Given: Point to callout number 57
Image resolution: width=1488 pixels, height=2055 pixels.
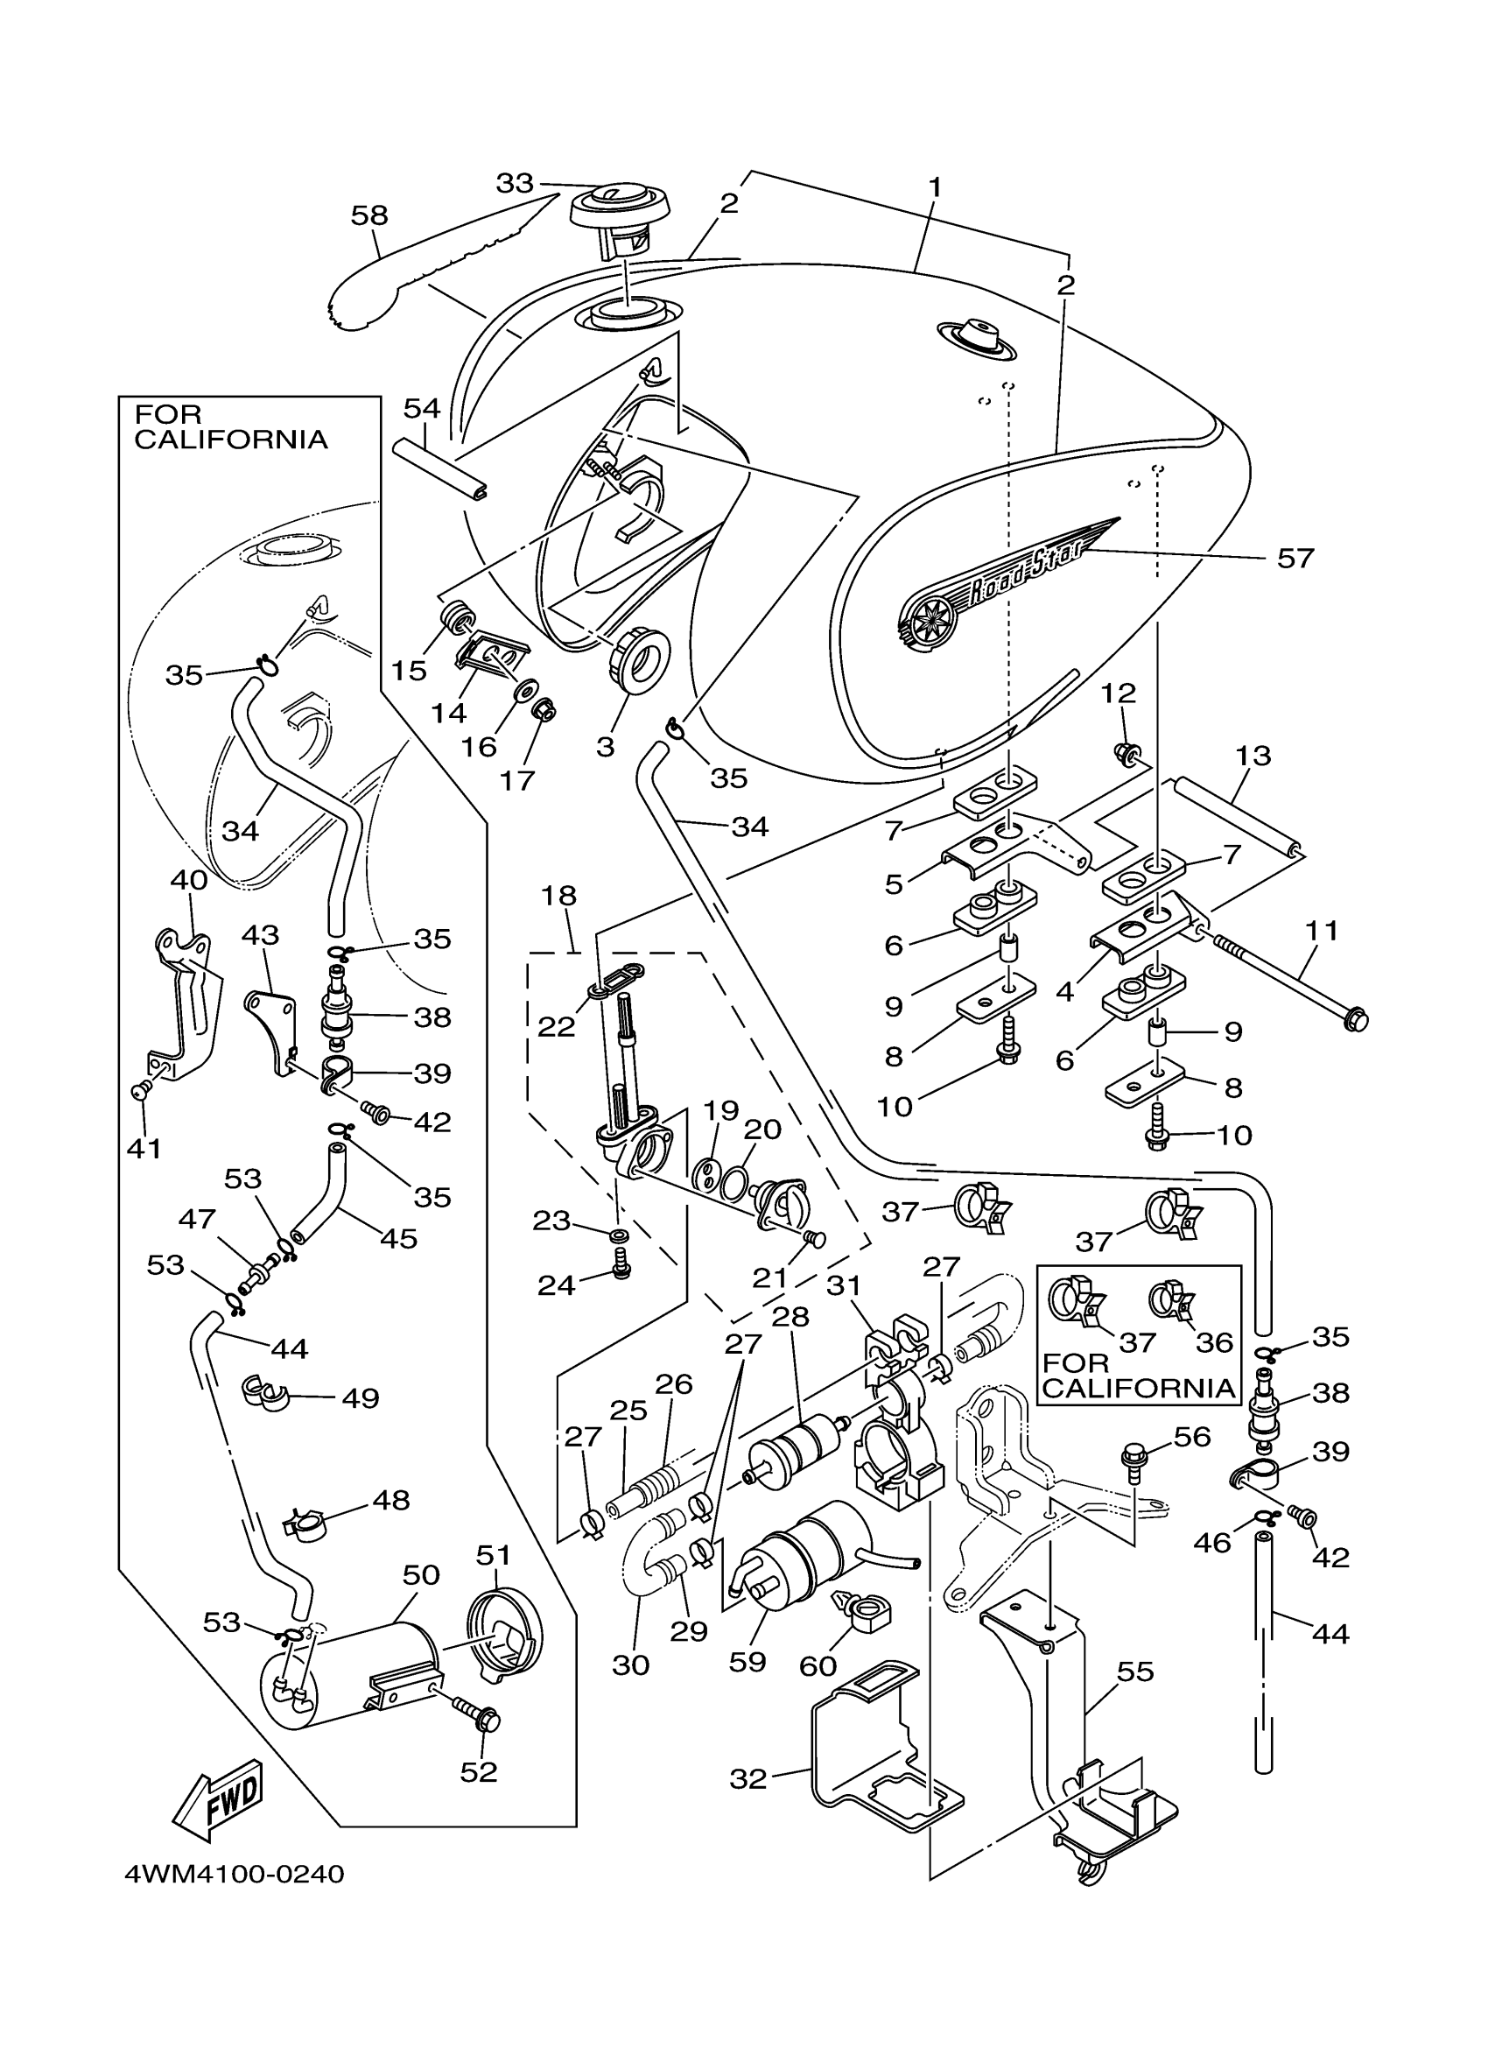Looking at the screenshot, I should point(1295,557).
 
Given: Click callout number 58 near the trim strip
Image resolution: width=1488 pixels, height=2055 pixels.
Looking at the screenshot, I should point(369,215).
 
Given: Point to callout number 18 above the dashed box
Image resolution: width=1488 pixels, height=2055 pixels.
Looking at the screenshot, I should point(558,896).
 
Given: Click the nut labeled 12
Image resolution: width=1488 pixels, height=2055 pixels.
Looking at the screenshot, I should point(1127,751).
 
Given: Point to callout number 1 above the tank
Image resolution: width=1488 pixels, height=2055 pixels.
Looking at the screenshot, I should point(935,187).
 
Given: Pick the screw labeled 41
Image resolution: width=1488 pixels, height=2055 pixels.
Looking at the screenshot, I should point(143,1090).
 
